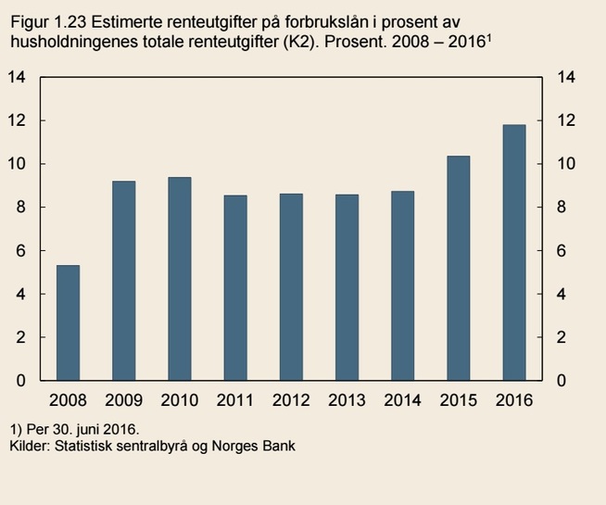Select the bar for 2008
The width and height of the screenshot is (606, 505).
(68, 322)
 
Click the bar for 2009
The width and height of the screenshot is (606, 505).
(123, 281)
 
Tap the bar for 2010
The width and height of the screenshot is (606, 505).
(179, 279)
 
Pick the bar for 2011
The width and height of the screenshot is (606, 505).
(235, 288)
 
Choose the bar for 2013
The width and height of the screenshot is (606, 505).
(347, 287)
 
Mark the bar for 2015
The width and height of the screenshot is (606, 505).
(458, 268)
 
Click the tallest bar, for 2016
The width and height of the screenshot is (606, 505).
(513, 252)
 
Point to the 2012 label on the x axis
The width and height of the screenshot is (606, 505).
(291, 400)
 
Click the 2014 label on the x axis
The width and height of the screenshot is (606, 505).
(402, 400)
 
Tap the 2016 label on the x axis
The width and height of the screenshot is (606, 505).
(513, 400)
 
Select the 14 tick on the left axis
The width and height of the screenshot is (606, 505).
(16, 77)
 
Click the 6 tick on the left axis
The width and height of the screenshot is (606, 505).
(20, 251)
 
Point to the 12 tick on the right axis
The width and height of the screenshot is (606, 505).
(563, 120)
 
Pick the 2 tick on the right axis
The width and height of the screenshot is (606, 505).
(560, 337)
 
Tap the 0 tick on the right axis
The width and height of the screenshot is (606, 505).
(560, 381)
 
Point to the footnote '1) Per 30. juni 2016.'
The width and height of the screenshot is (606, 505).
(73, 430)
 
